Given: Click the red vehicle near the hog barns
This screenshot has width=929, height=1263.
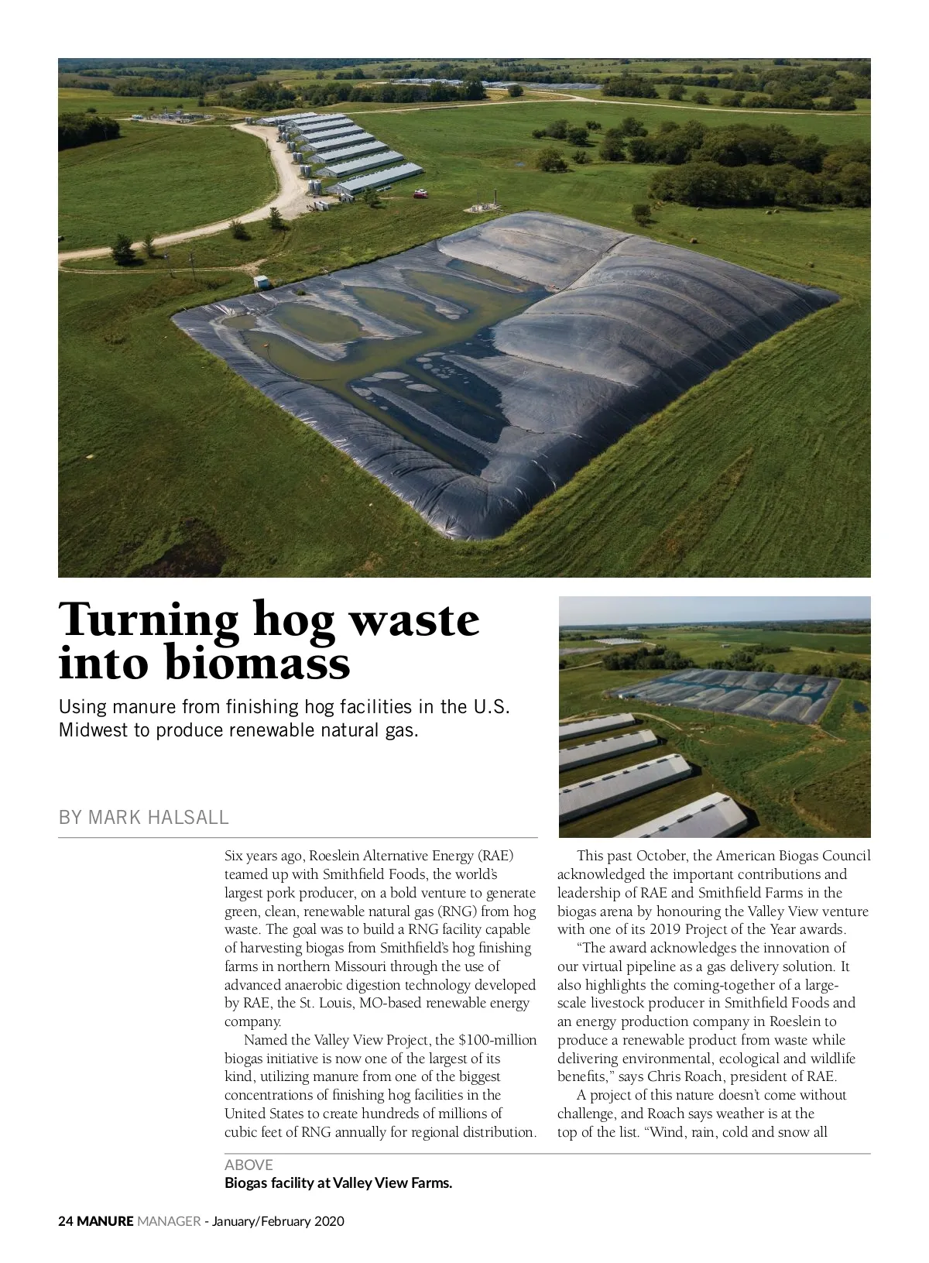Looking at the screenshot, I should pyautogui.click(x=420, y=194).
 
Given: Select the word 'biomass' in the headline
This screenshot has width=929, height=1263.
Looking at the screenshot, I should pyautogui.click(x=257, y=664).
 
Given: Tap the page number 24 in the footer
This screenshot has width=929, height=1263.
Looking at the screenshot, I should pyautogui.click(x=66, y=1221).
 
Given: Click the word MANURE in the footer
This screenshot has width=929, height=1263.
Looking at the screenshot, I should pyautogui.click(x=105, y=1221).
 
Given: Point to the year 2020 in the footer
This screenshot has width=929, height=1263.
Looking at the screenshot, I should pyautogui.click(x=329, y=1221).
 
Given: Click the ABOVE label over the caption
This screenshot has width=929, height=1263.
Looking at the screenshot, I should pyautogui.click(x=249, y=1165).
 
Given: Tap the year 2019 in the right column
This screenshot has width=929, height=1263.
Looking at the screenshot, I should pyautogui.click(x=665, y=929).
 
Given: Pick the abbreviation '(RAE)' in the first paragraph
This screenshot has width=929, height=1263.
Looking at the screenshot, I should pyautogui.click(x=495, y=856).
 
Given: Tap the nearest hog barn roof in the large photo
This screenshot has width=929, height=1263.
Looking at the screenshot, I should pyautogui.click(x=375, y=177).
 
